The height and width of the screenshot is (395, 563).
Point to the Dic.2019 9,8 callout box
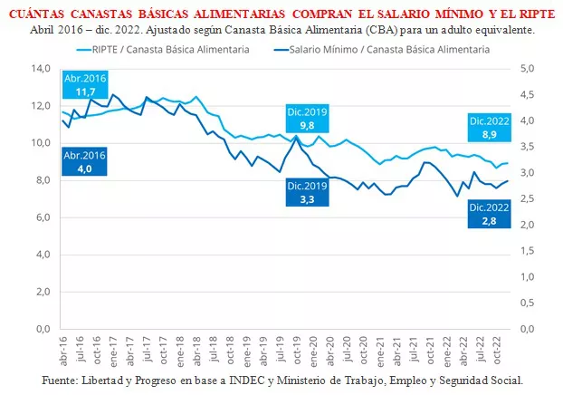[x=306, y=119]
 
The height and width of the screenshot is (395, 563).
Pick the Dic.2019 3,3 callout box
[x=306, y=192]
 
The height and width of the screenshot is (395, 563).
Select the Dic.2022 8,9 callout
[x=490, y=127]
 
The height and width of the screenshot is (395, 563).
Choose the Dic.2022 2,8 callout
[x=490, y=212]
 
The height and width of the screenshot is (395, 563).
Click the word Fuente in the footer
[x=61, y=380]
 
